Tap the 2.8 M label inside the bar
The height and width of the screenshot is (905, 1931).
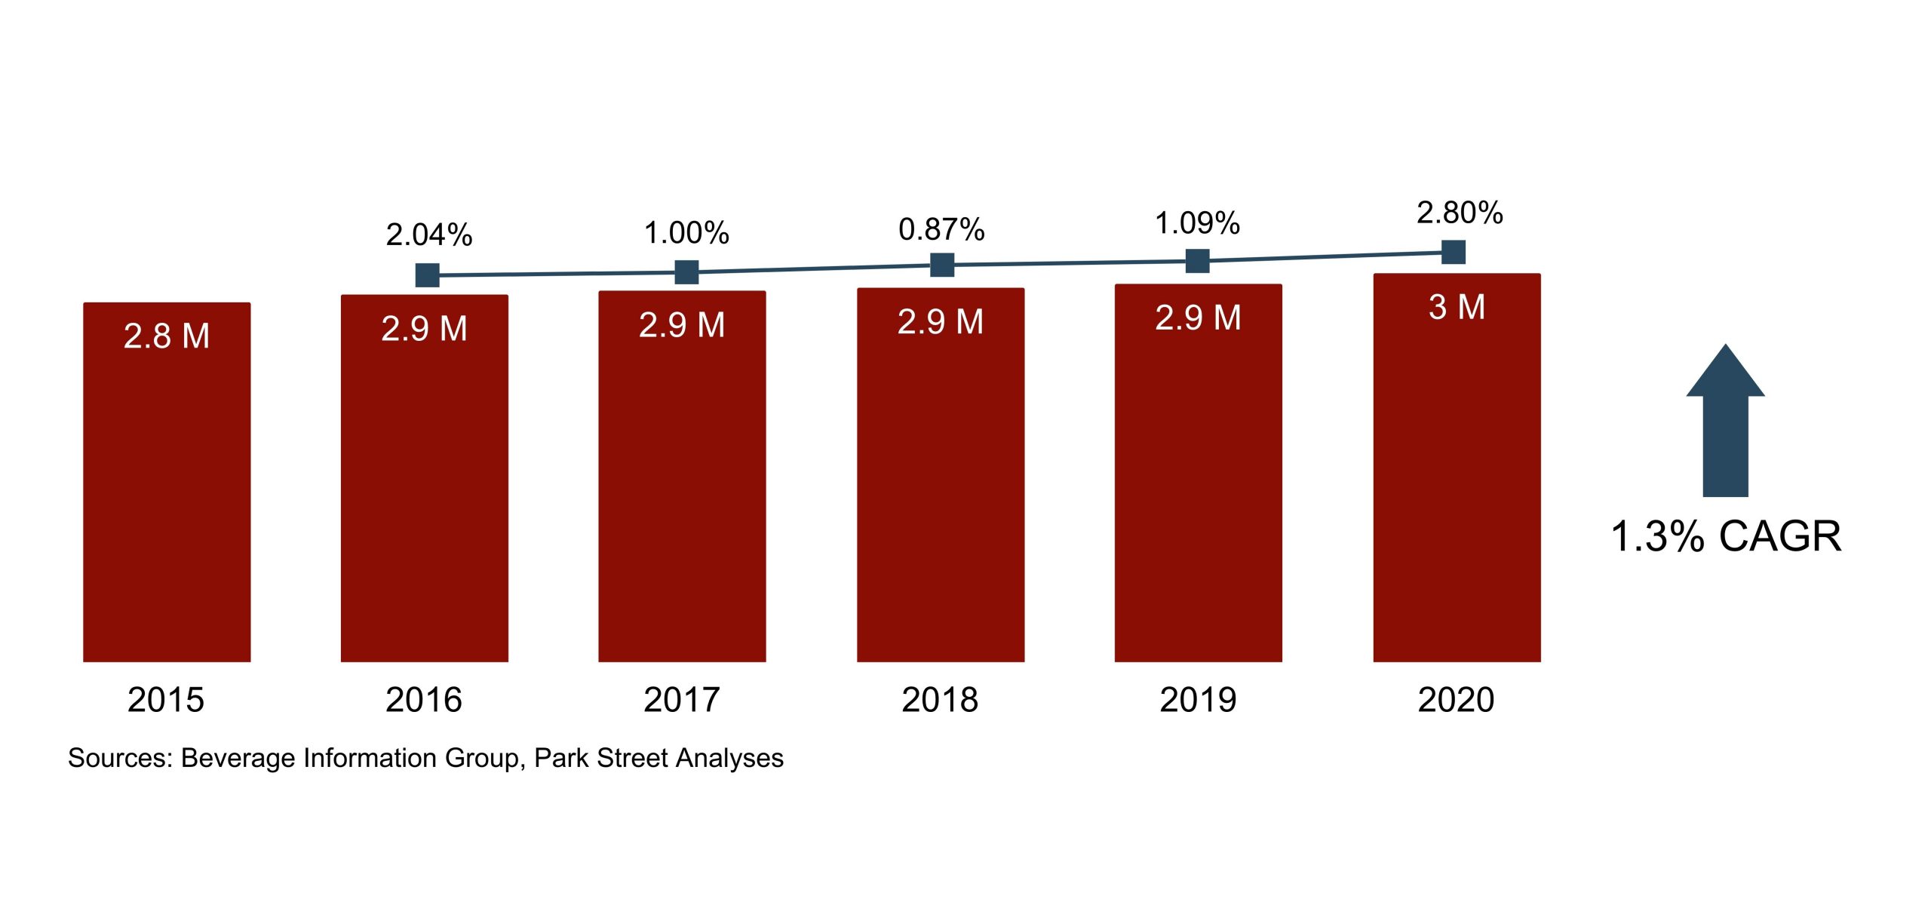[x=167, y=336]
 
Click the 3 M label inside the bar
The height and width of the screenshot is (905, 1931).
[x=1457, y=308]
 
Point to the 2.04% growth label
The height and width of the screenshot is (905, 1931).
[x=429, y=235]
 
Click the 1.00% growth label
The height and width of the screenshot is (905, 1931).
[x=686, y=232]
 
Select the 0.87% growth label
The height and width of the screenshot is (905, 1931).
[x=941, y=229]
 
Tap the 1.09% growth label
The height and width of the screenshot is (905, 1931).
[x=1198, y=223]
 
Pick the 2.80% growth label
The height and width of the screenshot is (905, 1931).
[x=1460, y=213]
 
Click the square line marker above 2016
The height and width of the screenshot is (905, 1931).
[x=428, y=275]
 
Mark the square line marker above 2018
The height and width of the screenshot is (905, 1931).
[x=942, y=265]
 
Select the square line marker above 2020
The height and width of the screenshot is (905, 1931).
[x=1454, y=252]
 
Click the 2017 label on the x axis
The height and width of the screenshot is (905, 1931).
[x=682, y=700]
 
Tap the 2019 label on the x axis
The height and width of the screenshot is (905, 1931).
[x=1198, y=700]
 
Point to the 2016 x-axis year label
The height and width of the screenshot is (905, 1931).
[x=424, y=700]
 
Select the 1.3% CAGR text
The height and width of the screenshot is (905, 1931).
[x=1726, y=537]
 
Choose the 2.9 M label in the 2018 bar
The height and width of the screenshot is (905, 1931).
[x=941, y=322]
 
